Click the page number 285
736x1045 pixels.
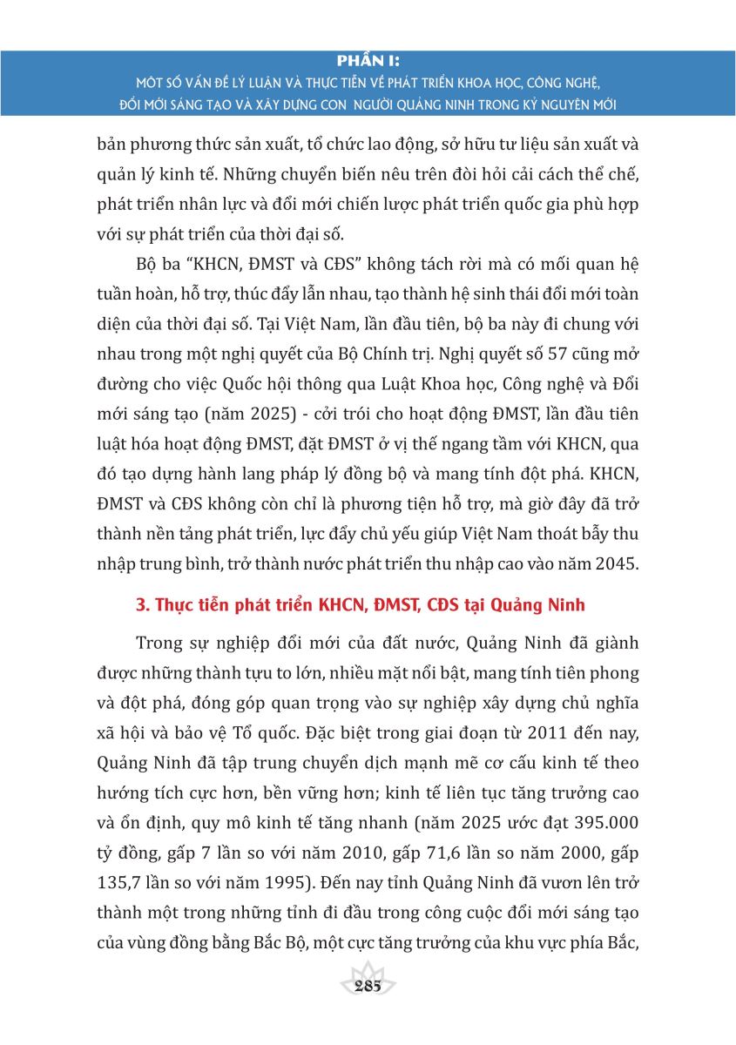coord(368,986)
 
